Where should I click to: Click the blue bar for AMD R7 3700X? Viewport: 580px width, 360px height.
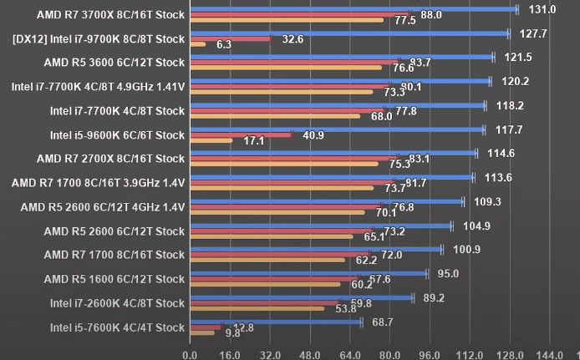pos(351,10)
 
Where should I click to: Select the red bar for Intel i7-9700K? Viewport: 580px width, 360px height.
pos(231,38)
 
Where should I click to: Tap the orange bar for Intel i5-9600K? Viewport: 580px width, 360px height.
pos(211,140)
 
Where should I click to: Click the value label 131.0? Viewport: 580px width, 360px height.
pos(542,9)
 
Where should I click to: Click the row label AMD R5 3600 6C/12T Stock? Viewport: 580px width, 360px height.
pos(114,63)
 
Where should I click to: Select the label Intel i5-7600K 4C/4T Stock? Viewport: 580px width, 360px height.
pos(117,327)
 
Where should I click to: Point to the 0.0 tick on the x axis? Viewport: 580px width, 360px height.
pos(191,353)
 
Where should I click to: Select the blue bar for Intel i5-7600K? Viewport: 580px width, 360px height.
pos(276,322)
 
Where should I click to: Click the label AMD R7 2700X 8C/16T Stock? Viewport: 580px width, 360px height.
pos(110,159)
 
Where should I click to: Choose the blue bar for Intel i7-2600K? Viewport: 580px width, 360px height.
pos(301,297)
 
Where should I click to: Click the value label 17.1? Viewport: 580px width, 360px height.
pos(254,140)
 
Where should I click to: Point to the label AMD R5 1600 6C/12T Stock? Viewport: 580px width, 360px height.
pos(114,279)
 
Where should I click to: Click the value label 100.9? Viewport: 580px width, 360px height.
pos(467,249)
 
